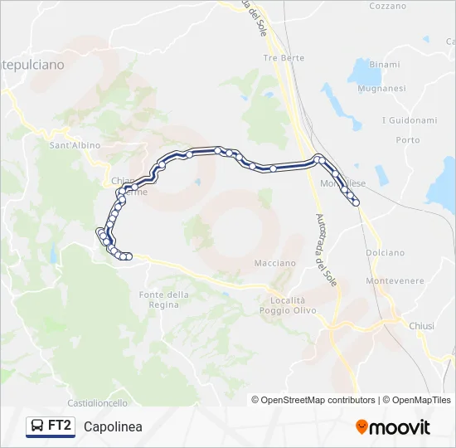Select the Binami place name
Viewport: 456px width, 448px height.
[x=385, y=64]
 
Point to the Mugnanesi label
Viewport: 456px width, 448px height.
[x=381, y=88]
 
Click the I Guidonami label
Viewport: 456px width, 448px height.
[x=409, y=120]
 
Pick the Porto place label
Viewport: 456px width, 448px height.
[x=408, y=140]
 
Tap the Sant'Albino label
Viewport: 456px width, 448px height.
[x=75, y=145]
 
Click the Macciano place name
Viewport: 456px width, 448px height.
[x=274, y=263]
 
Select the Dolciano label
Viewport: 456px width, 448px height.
[x=386, y=252]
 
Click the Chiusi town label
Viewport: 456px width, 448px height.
[x=421, y=326]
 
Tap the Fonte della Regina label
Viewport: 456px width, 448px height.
[x=164, y=299]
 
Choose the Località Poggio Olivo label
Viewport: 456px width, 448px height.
[x=288, y=304]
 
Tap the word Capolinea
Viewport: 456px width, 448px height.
[x=113, y=427]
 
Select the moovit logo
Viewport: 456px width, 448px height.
[x=393, y=427]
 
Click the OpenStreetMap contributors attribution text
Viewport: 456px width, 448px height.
[x=318, y=400]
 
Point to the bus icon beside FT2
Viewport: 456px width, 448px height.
[x=38, y=426]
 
